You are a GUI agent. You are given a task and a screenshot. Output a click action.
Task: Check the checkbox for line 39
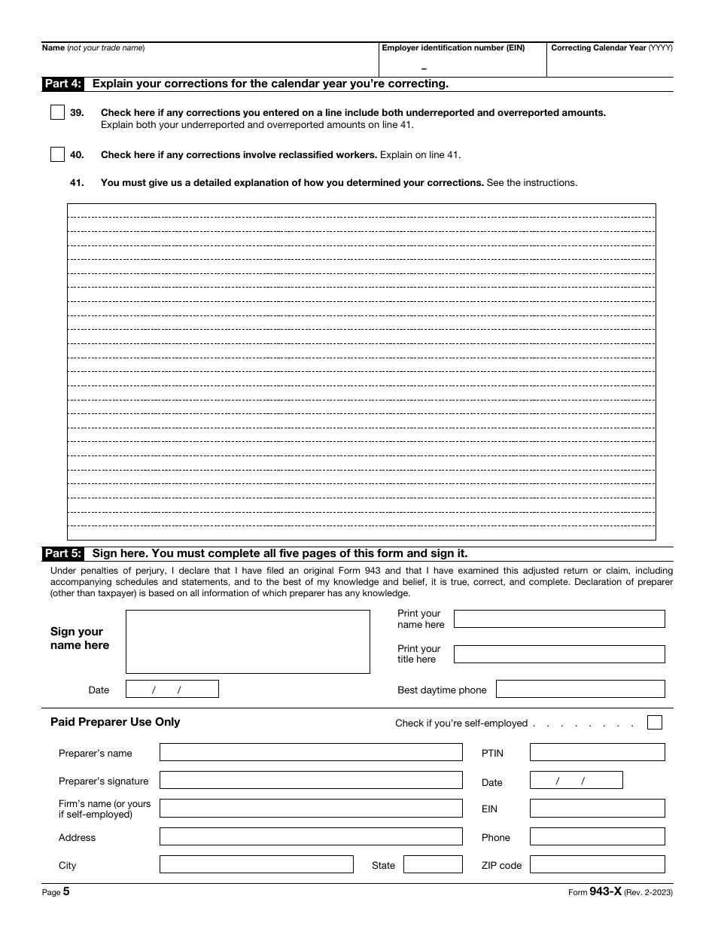point(57,113)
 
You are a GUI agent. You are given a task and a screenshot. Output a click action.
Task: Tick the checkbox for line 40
point(57,155)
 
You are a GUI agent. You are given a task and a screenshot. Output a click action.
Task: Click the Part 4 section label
point(63,84)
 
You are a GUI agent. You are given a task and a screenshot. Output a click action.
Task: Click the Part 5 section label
point(63,553)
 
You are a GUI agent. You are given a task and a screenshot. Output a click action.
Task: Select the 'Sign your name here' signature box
point(248,641)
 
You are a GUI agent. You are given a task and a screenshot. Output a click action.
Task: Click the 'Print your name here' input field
point(559,619)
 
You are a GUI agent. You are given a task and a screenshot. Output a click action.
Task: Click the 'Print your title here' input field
point(559,654)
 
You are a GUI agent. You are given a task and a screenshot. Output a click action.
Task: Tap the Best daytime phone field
point(580,689)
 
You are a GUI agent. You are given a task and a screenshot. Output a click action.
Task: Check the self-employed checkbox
point(655,723)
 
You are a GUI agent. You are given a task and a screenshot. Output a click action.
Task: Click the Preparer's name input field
point(311,752)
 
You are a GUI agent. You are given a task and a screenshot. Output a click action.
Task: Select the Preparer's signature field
point(311,780)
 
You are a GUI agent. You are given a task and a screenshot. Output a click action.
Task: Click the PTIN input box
point(597,752)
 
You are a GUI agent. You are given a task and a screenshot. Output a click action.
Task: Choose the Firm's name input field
point(311,809)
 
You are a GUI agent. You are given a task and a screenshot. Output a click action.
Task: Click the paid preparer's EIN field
point(597,809)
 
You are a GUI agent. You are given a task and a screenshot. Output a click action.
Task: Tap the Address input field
point(311,836)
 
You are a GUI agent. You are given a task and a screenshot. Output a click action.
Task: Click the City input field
point(256,864)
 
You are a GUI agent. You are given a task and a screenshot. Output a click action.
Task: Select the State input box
point(433,864)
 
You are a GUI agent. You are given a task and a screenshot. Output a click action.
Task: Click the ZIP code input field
point(597,864)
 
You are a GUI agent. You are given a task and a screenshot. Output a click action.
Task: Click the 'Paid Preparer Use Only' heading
point(115,722)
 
